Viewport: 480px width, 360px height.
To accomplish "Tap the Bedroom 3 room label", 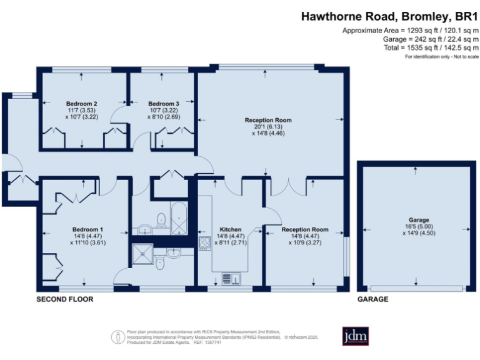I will click(x=164, y=103).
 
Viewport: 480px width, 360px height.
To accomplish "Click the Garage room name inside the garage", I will click(x=419, y=220).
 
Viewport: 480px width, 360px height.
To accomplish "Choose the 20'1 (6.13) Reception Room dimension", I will click(x=268, y=126).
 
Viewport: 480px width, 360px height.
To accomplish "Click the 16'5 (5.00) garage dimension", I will click(x=419, y=227).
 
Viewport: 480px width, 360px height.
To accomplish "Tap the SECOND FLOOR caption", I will click(x=65, y=299).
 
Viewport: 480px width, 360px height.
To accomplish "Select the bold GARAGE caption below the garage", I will click(x=372, y=299).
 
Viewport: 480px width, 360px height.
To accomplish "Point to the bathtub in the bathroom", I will click(x=179, y=219).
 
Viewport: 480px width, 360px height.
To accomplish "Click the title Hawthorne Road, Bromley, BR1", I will click(x=389, y=17).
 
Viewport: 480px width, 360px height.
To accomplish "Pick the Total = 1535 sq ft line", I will click(x=431, y=47).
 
